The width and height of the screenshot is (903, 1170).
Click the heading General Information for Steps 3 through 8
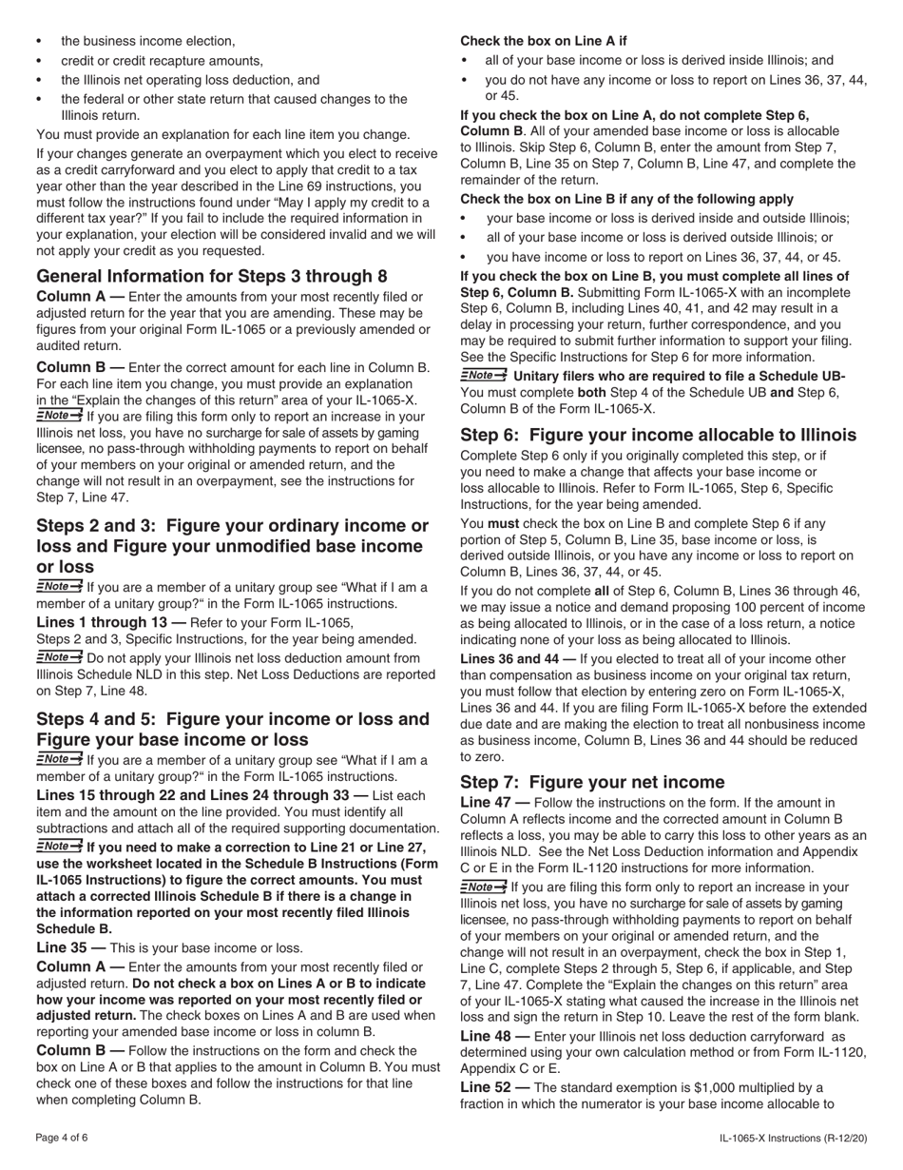click(211, 276)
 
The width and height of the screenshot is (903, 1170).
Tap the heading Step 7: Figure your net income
click(591, 782)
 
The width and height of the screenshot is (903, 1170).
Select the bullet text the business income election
click(148, 41)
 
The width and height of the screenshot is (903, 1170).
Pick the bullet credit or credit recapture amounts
click(162, 60)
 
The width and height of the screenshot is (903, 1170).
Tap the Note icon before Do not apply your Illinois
click(59, 657)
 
